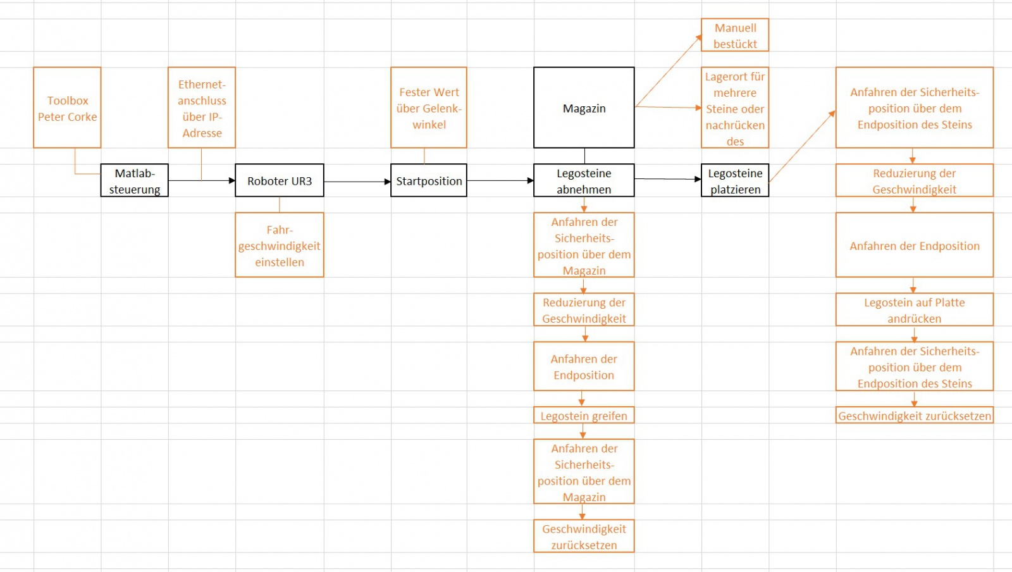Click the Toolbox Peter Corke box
67,108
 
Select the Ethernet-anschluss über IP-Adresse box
202,108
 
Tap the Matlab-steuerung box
134,180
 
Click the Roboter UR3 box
279,180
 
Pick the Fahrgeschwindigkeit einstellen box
279,245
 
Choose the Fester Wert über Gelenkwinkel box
429,108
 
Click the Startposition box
429,180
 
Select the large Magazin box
584,108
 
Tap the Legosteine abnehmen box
584,180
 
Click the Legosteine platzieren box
735,180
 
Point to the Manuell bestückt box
735,35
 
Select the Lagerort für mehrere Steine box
735,108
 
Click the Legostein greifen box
584,415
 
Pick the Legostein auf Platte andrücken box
914,309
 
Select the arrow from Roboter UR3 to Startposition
357,182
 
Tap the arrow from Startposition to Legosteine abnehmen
500,180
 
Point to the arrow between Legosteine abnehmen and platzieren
667,179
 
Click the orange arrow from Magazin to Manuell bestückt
668,71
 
